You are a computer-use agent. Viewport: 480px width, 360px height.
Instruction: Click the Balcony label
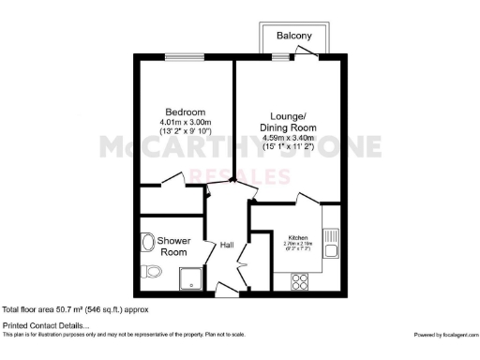point(293,36)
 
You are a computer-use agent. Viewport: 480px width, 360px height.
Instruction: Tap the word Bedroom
point(182,108)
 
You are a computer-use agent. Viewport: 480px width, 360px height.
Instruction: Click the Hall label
point(226,246)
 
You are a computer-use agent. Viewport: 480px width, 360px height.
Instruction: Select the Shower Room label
point(173,247)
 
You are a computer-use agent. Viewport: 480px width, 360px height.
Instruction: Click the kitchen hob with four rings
point(302,278)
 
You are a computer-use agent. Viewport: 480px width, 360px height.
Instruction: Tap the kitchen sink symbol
point(330,242)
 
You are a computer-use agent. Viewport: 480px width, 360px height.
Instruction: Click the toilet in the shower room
point(153,273)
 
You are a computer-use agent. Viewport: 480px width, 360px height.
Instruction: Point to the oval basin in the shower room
point(147,243)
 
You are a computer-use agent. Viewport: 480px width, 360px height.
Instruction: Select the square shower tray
point(192,277)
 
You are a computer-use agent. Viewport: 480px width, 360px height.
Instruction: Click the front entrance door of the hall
point(226,285)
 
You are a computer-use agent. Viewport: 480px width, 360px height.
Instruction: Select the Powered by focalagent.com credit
point(444,335)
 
